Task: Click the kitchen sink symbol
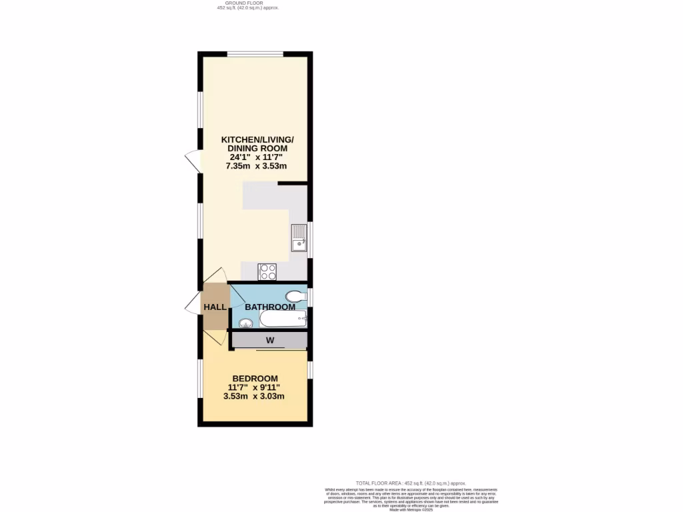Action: (298, 239)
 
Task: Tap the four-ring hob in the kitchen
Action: (267, 271)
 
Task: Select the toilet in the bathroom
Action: (293, 296)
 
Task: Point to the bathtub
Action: (282, 319)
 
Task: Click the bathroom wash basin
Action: (246, 324)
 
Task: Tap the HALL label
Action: (214, 307)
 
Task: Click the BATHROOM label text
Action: (269, 307)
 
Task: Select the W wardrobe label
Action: (270, 341)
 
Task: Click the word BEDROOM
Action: (255, 378)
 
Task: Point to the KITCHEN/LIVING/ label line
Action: (257, 139)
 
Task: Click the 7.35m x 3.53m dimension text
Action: (257, 167)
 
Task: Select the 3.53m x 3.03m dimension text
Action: (254, 396)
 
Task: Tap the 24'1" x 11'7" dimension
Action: (257, 157)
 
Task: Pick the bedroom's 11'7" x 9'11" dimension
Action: (254, 387)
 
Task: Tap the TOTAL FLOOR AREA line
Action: (411, 483)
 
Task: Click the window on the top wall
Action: (255, 53)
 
